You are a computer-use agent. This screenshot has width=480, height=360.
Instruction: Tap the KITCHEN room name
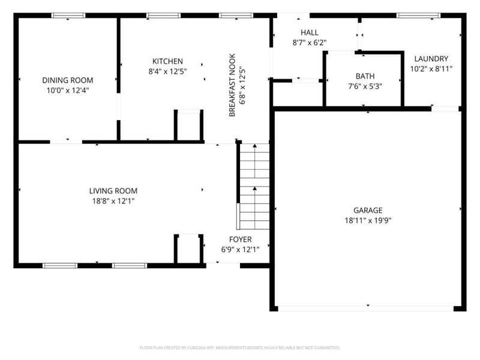click(x=167, y=61)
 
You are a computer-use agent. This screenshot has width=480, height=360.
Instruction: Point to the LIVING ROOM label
click(x=109, y=191)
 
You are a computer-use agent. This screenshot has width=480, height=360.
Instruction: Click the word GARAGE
click(x=368, y=210)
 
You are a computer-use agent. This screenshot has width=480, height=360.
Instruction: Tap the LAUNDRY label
click(x=431, y=58)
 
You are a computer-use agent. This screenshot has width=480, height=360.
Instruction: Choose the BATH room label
click(x=365, y=76)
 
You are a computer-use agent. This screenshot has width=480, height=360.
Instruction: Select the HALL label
click(x=309, y=32)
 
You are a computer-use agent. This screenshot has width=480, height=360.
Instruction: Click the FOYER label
click(x=240, y=239)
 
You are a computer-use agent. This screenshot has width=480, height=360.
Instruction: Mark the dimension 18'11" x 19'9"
click(x=368, y=220)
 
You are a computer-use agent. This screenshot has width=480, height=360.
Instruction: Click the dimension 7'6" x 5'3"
click(x=365, y=86)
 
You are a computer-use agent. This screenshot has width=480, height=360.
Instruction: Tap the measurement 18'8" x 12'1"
click(x=109, y=201)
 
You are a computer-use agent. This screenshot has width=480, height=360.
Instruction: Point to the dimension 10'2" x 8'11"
click(x=431, y=68)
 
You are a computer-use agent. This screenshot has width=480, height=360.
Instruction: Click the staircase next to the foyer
click(x=254, y=186)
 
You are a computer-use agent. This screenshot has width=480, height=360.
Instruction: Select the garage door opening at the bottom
click(x=368, y=308)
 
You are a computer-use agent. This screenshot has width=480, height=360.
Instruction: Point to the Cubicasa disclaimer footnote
click(x=240, y=347)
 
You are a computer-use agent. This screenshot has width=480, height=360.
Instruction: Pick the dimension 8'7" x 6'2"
click(x=309, y=43)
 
